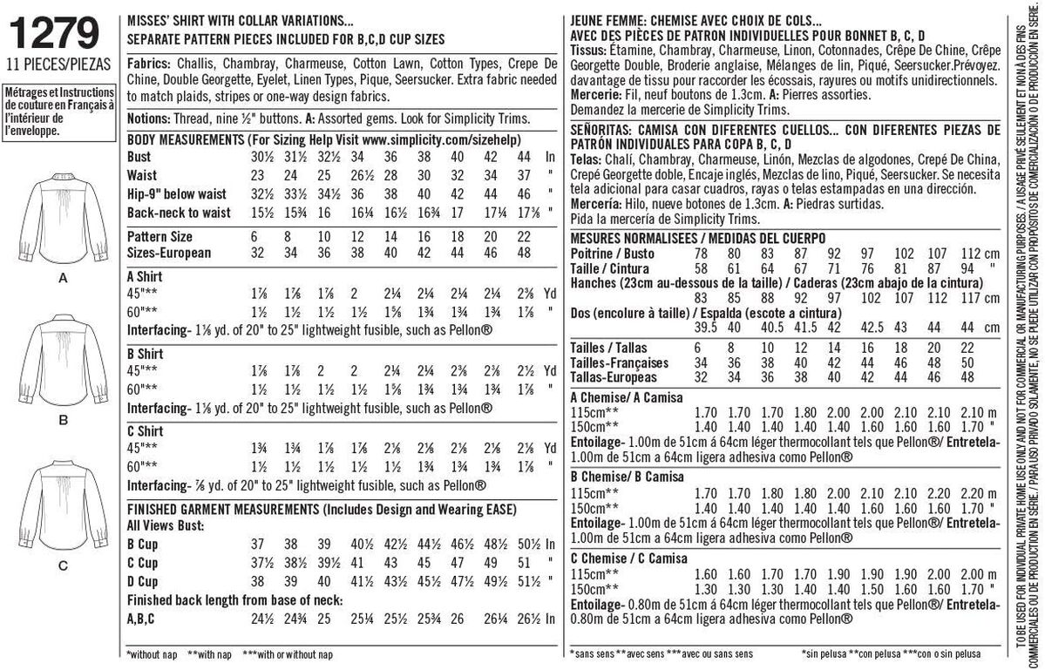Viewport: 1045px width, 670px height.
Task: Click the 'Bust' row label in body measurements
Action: [x=139, y=157]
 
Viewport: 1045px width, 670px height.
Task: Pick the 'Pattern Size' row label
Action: [x=160, y=236]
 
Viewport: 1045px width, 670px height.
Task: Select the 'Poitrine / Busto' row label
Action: [x=614, y=253]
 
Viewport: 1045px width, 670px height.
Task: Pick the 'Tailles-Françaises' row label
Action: [x=619, y=362]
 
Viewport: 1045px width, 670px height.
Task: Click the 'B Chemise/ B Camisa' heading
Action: [x=625, y=477]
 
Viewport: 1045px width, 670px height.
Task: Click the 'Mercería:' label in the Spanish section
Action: [x=599, y=203]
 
